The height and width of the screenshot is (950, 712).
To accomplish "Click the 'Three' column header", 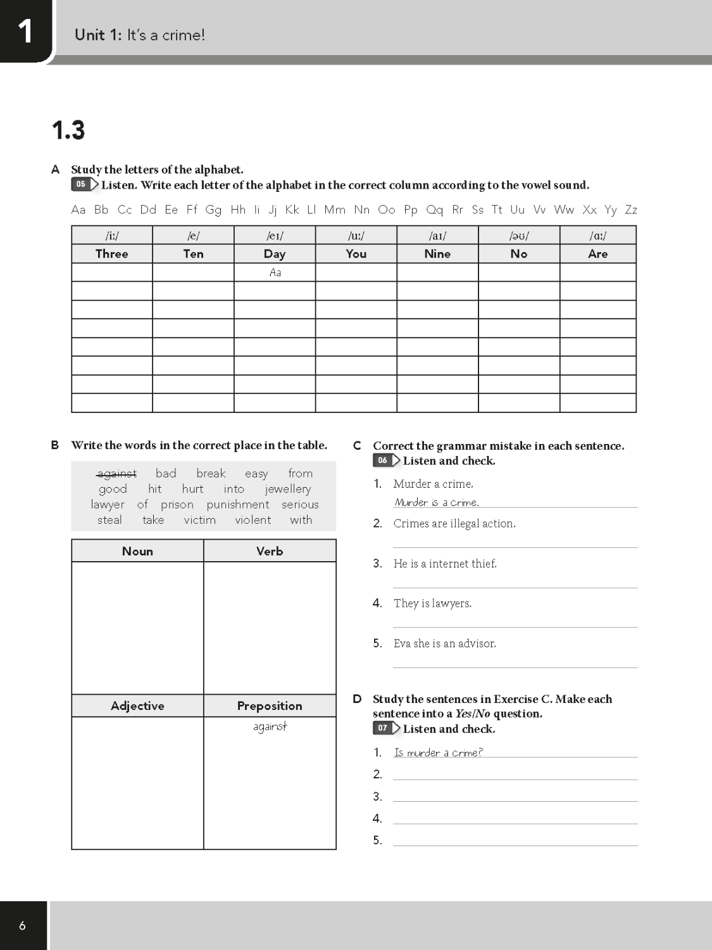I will (x=111, y=254).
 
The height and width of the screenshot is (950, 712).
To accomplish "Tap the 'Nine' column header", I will (x=437, y=254).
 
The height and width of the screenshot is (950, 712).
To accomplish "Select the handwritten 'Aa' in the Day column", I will (x=275, y=272).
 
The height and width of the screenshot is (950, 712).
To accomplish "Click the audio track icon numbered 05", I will (x=84, y=185).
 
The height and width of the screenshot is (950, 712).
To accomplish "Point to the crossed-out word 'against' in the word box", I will (x=116, y=474).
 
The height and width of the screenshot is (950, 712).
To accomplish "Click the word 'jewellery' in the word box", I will (x=288, y=489).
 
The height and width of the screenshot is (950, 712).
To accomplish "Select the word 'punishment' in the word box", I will (x=238, y=505).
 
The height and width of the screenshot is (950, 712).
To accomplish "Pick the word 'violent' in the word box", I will (x=253, y=520).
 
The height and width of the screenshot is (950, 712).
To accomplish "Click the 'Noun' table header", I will (x=137, y=551).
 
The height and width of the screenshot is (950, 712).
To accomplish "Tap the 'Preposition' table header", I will (x=270, y=706).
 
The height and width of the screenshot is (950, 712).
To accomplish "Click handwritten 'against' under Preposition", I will (x=270, y=726).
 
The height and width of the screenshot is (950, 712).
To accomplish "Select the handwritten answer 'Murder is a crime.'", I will (x=437, y=502).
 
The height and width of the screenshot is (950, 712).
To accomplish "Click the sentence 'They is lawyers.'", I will (x=432, y=604).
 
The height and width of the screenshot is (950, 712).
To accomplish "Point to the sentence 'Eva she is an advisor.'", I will (x=444, y=643).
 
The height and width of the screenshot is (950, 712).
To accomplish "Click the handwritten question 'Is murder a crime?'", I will (x=438, y=752).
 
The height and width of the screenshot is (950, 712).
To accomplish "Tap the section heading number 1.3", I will (x=68, y=130).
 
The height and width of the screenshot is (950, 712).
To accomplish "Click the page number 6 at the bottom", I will (x=23, y=926).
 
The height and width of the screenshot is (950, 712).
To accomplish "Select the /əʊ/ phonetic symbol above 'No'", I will (x=519, y=236).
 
